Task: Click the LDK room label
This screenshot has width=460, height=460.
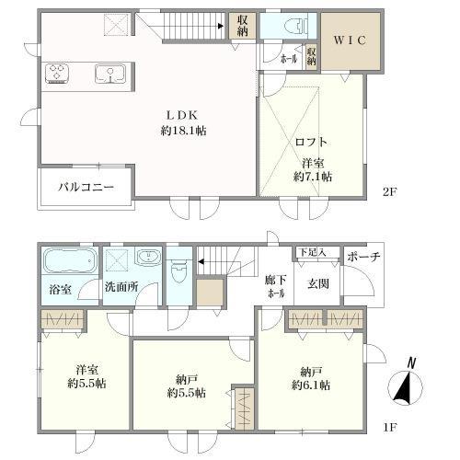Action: tap(181, 115)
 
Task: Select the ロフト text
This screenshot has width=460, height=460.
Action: tap(311, 142)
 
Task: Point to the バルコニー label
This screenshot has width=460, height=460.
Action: tap(86, 187)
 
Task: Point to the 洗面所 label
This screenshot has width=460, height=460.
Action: tap(121, 287)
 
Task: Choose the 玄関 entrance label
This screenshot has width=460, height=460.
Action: tap(318, 282)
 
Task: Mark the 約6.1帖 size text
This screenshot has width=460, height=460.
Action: tap(307, 386)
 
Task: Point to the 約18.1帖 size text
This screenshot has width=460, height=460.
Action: tap(181, 131)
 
